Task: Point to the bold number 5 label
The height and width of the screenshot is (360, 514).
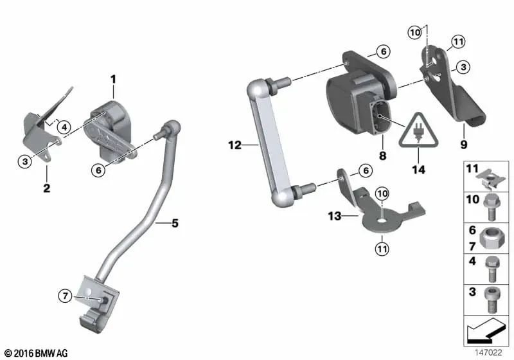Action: [175, 224]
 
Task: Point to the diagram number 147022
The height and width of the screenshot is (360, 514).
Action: [490, 353]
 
